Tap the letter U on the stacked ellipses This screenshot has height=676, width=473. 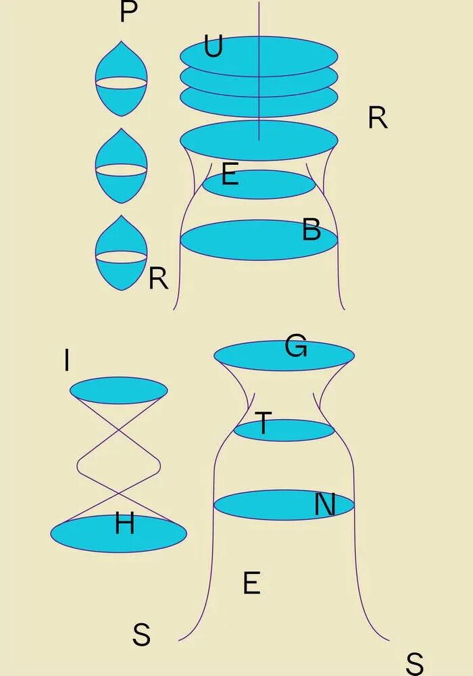pyautogui.click(x=213, y=47)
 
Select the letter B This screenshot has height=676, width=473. pyautogui.click(x=312, y=231)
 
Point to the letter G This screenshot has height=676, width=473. pyautogui.click(x=296, y=347)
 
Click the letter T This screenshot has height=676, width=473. pyautogui.click(x=262, y=425)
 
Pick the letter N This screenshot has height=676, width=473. pyautogui.click(x=325, y=505)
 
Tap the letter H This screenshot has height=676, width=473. pyautogui.click(x=124, y=524)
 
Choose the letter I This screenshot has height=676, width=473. pyautogui.click(x=66, y=361)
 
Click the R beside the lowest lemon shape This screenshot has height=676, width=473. pyautogui.click(x=158, y=279)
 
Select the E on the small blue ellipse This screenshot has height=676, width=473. pyautogui.click(x=230, y=176)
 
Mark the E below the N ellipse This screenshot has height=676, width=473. pyautogui.click(x=251, y=583)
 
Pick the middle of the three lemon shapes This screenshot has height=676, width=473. pyautogui.click(x=121, y=166)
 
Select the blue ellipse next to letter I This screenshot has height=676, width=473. pyautogui.click(x=118, y=390)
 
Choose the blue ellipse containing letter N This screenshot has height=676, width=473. pyautogui.click(x=270, y=506)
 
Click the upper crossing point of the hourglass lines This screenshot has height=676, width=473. pyautogui.click(x=118, y=429)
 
